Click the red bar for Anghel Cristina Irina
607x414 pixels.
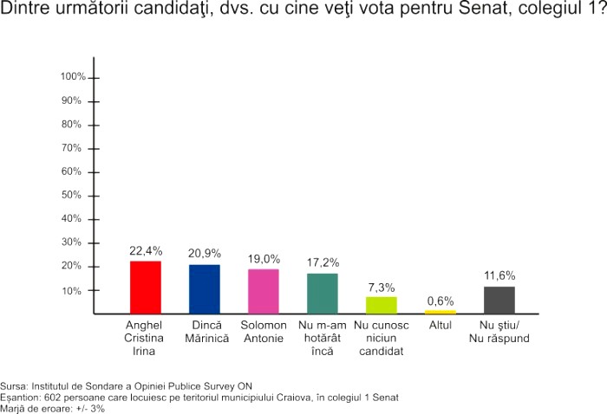point(146,287)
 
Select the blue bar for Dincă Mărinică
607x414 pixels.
point(205,288)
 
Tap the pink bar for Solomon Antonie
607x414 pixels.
point(264,291)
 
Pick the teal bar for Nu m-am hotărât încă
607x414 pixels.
point(323,293)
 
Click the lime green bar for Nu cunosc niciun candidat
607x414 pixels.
point(382,305)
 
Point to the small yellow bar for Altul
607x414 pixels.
point(441,312)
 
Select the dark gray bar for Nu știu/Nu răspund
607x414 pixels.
point(499,300)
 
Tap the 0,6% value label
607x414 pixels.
point(441,301)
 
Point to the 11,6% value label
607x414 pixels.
point(499,276)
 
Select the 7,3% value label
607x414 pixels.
point(382,287)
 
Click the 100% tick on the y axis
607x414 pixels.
point(73,77)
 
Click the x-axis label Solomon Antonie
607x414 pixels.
point(264,332)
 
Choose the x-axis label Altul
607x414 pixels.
point(441,326)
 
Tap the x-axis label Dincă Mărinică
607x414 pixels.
point(205,332)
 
